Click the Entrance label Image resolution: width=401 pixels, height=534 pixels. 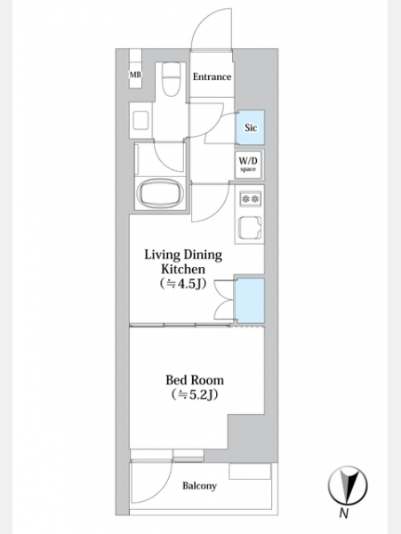tap(212, 77)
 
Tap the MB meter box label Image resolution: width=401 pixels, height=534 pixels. tap(135, 75)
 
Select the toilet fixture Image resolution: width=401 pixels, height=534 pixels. tap(171, 80)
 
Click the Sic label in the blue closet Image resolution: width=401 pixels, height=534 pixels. tap(251, 127)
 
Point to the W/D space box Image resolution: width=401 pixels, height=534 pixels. tap(249, 165)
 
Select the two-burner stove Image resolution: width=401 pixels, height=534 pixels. tap(251, 198)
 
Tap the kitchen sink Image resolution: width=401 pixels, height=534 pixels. tap(251, 228)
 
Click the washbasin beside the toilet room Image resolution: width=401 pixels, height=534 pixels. tap(140, 120)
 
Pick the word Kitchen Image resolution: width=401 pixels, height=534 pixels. tap(183, 269)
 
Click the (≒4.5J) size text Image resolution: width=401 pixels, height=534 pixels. tap(183, 284)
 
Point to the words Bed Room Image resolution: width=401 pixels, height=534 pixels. tap(195, 380)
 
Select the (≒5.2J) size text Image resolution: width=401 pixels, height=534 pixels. tap(195, 394)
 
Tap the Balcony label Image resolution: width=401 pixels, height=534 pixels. tap(199, 486)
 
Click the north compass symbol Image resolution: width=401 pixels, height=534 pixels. tap(348, 485)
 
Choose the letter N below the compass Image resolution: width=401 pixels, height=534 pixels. tap(343, 513)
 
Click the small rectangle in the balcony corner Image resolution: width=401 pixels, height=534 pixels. tap(250, 472)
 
